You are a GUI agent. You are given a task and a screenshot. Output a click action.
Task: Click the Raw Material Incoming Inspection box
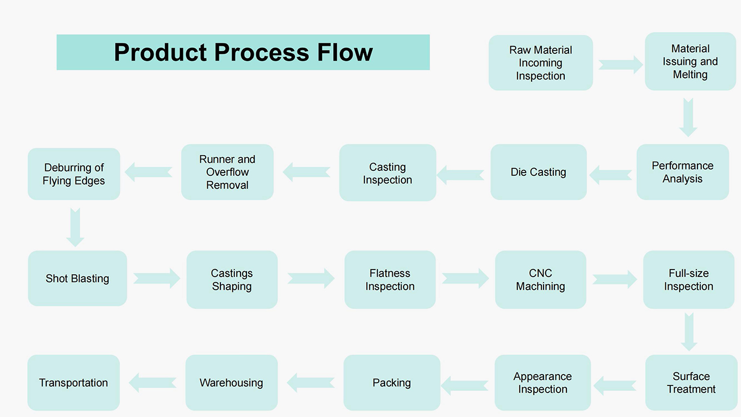(541, 63)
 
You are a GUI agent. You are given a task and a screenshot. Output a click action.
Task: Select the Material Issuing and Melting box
(690, 62)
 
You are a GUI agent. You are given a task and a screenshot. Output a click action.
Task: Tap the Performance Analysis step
(682, 172)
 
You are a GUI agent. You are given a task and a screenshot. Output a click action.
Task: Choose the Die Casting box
(538, 172)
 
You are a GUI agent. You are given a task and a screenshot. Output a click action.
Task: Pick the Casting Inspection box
(387, 173)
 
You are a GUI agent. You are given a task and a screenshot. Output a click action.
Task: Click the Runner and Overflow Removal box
(227, 172)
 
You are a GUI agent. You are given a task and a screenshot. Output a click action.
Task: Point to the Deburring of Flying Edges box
(74, 174)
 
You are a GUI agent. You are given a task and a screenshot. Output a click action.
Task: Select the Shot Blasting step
(77, 278)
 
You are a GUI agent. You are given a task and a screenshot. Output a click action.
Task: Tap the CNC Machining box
(541, 280)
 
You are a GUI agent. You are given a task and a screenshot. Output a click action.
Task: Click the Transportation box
(73, 383)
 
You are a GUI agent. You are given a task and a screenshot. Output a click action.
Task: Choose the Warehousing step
(231, 383)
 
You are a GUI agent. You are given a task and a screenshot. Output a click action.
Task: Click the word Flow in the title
(345, 52)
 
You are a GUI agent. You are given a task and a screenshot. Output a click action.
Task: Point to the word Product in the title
(161, 52)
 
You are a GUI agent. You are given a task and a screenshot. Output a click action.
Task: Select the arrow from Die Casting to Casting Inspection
(460, 175)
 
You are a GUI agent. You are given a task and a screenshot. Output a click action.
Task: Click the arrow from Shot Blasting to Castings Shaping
(157, 278)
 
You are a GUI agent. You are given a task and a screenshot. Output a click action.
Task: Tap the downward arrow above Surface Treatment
(689, 332)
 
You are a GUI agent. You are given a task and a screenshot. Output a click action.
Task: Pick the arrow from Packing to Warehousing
(311, 383)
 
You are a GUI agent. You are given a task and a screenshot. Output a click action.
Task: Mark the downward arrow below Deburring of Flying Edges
(75, 228)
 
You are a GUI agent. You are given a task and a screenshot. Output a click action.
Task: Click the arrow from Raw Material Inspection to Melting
(621, 65)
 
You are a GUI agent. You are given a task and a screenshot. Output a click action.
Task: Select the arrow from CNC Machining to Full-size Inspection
(615, 279)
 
